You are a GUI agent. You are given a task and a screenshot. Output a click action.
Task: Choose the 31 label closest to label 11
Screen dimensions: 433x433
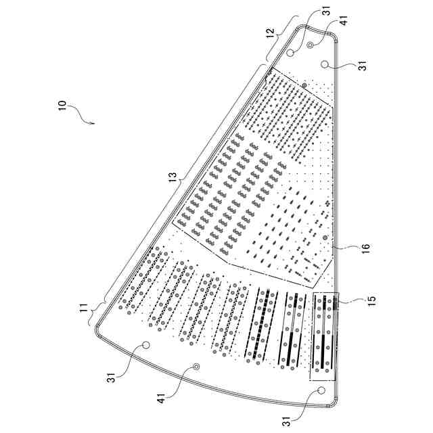[x=113, y=375]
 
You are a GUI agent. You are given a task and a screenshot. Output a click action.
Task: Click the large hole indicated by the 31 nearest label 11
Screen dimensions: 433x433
[x=144, y=346]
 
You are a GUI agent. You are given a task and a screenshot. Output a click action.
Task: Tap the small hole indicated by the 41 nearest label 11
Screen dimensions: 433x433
[x=197, y=367]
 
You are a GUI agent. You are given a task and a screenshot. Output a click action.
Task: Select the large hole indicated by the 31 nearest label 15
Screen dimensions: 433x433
[x=321, y=391]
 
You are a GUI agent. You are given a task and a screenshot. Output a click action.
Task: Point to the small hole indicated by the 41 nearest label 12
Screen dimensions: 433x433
[x=311, y=44]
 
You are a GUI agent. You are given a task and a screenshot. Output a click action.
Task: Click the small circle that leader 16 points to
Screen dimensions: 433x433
[x=325, y=238]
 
